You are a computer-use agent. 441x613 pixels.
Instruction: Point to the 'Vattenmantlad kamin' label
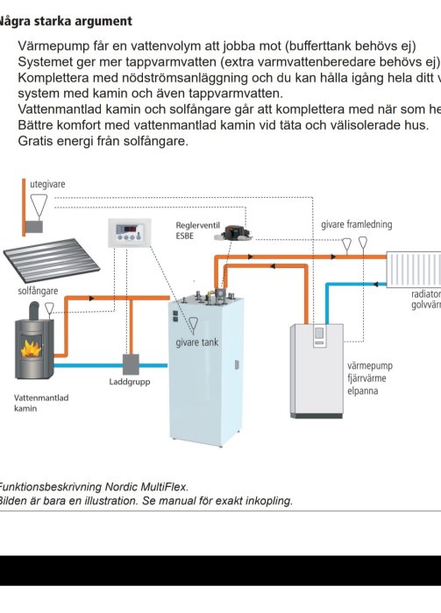41,403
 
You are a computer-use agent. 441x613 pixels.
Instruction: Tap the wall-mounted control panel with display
130,233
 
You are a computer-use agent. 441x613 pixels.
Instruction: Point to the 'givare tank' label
197,342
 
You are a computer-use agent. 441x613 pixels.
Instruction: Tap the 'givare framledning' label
356,224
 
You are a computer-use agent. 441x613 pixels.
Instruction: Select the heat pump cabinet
317,370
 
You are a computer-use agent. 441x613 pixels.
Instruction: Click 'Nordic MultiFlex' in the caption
146,486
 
